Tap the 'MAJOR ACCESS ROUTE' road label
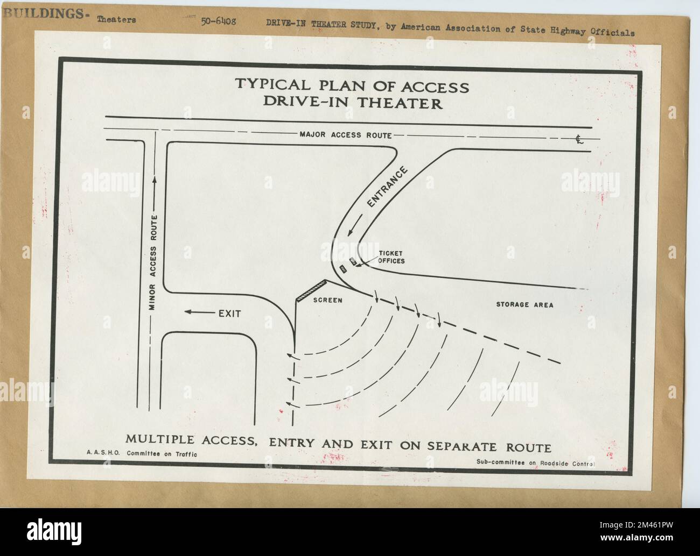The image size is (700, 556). point(345,134)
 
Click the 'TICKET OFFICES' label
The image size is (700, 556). point(391,257)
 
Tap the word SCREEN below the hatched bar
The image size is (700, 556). point(327,300)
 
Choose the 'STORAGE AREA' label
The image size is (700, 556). point(524,305)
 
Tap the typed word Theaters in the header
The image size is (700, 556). point(117,20)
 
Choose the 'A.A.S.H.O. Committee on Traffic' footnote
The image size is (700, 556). point(142,454)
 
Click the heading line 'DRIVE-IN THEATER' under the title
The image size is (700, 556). point(353,103)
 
